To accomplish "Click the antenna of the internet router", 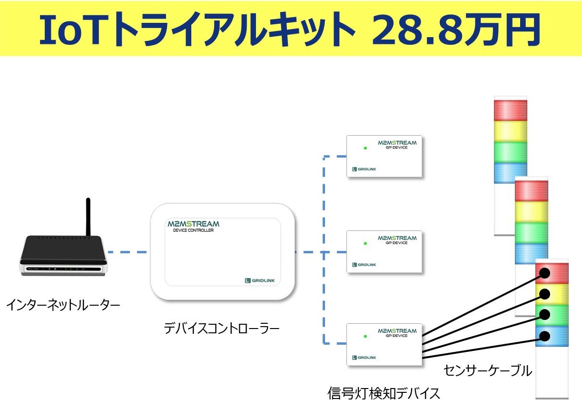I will click(x=88, y=217).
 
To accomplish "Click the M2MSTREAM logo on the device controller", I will click(x=193, y=224).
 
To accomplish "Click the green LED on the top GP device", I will click(x=365, y=148).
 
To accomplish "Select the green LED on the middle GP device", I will click(x=365, y=243).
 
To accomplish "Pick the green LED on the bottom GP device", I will click(x=365, y=336).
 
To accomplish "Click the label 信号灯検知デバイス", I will click(x=384, y=393).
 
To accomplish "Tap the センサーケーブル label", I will click(x=487, y=370).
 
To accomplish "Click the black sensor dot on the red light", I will click(x=544, y=273).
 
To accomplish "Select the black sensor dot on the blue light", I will click(x=544, y=336).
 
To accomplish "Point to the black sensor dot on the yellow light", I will click(x=544, y=293).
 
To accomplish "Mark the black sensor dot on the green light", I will click(x=544, y=315).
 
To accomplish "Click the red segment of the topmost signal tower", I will click(x=511, y=110).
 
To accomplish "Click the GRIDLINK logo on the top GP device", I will click(x=364, y=169).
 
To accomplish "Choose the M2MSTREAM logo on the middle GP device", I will click(x=397, y=238).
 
